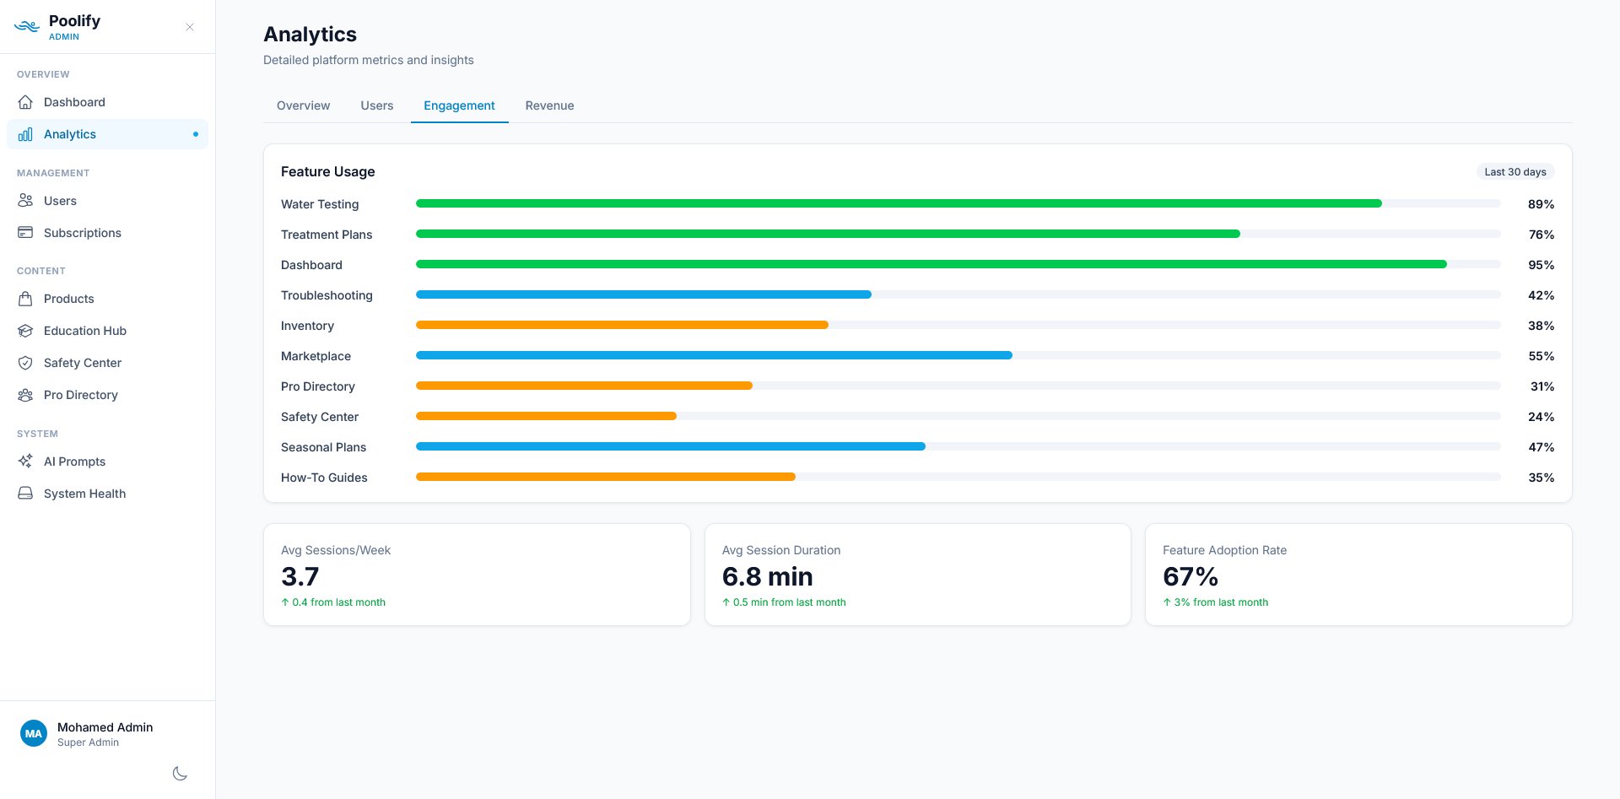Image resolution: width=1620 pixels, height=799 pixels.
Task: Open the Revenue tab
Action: pyautogui.click(x=549, y=105)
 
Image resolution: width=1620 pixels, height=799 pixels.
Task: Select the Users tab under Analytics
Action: pyautogui.click(x=376, y=105)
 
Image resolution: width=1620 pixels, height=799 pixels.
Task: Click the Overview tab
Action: pyautogui.click(x=303, y=105)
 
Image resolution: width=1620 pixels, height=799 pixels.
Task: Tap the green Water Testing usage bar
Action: pyautogui.click(x=899, y=203)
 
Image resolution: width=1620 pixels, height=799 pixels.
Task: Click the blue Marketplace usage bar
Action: pyautogui.click(x=714, y=355)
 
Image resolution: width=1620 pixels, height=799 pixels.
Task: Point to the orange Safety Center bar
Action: pyautogui.click(x=546, y=416)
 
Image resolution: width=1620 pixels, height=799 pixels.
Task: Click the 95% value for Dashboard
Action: pyautogui.click(x=1541, y=265)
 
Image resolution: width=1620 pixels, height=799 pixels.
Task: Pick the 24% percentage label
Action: pyautogui.click(x=1541, y=417)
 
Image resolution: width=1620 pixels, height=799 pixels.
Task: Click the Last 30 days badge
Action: pyautogui.click(x=1515, y=171)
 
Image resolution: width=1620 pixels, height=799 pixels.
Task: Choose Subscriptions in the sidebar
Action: pyautogui.click(x=82, y=233)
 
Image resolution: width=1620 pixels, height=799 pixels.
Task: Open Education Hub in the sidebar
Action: pyautogui.click(x=84, y=331)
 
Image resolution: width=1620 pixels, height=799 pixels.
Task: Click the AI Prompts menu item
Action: pyautogui.click(x=74, y=462)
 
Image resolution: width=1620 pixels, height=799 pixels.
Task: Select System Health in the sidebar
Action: pyautogui.click(x=84, y=494)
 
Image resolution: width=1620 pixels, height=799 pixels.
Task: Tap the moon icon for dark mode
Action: pyautogui.click(x=180, y=774)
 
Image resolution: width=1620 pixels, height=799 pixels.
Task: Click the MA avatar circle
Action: pyautogui.click(x=34, y=733)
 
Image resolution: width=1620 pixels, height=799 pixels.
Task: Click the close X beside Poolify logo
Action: pyautogui.click(x=190, y=27)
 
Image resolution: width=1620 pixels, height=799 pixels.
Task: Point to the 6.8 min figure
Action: pyautogui.click(x=767, y=576)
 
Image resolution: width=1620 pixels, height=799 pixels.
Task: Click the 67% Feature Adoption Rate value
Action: pyautogui.click(x=1190, y=576)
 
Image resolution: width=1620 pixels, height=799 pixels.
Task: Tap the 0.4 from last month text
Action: pyautogui.click(x=337, y=602)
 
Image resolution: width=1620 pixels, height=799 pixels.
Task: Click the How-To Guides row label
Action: pyautogui.click(x=324, y=478)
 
